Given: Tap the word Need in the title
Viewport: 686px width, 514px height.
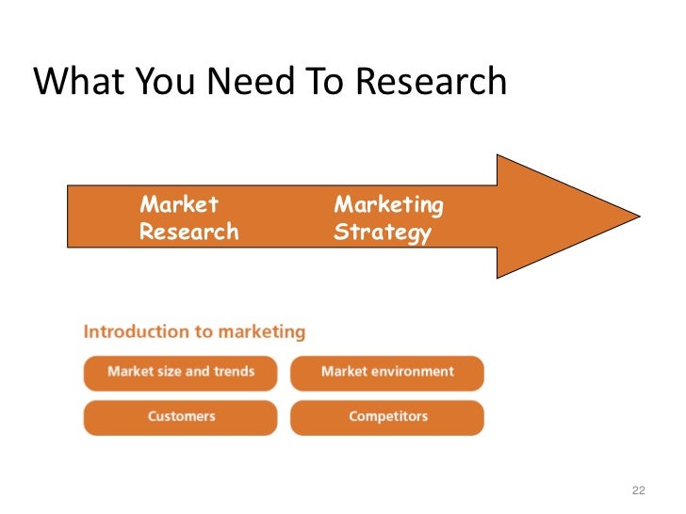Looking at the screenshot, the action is click(243, 84).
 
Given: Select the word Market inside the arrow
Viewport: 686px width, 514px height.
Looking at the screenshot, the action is click(179, 204).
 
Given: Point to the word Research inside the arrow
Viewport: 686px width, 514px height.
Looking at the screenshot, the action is click(188, 232).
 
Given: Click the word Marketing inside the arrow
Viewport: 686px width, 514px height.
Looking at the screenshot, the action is click(389, 204).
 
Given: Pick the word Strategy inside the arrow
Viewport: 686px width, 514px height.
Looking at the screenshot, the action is click(383, 232).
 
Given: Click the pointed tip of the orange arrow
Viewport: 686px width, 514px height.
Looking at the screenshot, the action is click(637, 216).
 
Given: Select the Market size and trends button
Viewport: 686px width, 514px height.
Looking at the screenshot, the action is click(181, 372).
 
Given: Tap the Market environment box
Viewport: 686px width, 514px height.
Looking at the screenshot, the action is click(387, 372).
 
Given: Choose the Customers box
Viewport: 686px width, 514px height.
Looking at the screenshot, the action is click(181, 416).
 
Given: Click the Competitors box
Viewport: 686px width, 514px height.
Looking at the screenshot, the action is click(387, 416).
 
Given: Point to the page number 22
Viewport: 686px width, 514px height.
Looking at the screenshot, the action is click(638, 490).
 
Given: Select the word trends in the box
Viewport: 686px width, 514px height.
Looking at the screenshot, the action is click(234, 372).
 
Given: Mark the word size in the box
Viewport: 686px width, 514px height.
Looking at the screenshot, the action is click(164, 372).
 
